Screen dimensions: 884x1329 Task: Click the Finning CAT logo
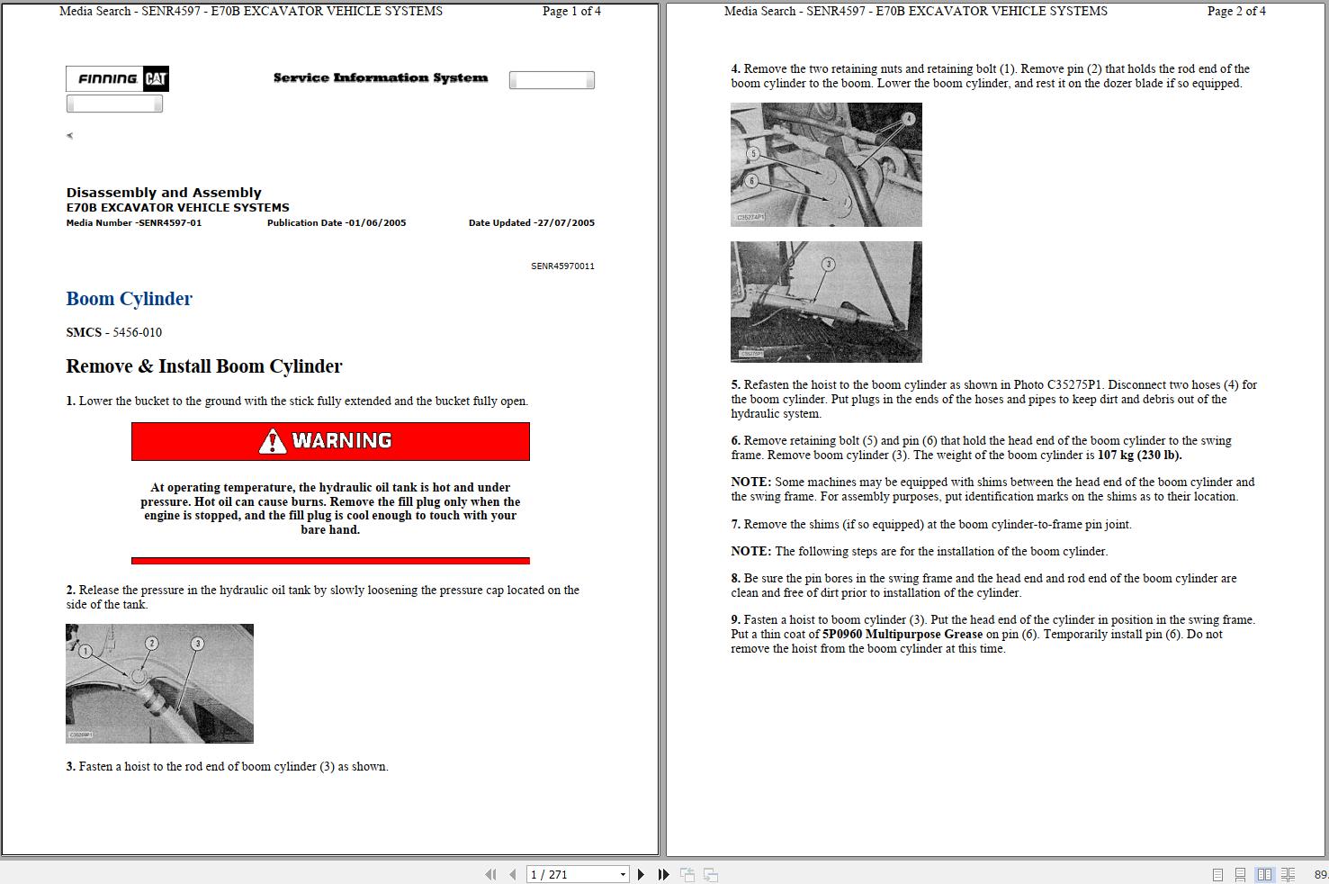117,79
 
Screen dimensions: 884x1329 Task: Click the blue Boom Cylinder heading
129,299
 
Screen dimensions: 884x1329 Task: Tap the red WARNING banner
330,441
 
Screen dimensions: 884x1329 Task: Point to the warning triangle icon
272,441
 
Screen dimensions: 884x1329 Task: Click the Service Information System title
380,78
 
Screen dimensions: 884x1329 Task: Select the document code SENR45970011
562,266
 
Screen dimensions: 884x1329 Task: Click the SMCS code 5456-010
137,332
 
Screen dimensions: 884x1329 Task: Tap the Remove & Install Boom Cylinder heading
204,366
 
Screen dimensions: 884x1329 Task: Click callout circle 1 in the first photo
85,651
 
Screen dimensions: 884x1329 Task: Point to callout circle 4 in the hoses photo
909,119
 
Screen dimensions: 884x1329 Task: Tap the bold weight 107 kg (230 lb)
1139,456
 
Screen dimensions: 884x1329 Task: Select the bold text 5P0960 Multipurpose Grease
902,635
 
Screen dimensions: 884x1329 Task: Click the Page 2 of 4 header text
1235,12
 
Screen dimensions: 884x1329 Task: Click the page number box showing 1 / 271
576,874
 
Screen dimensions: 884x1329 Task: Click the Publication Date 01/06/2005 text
336,223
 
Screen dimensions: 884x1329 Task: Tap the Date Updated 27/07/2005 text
531,223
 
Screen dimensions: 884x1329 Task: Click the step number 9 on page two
735,620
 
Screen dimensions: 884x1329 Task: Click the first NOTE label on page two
750,483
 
